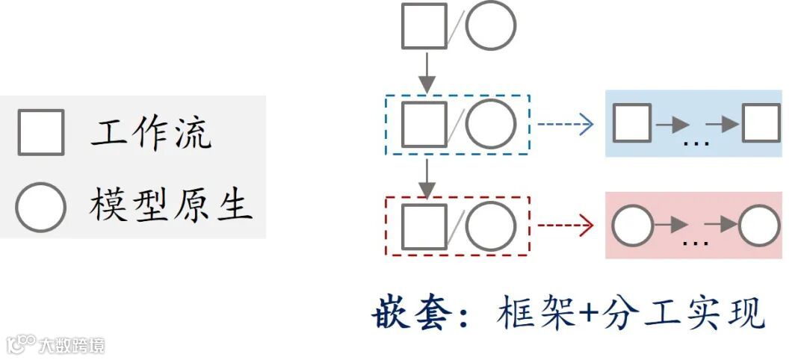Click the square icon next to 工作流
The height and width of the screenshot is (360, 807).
[41, 132]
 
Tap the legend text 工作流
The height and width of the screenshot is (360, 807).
[152, 133]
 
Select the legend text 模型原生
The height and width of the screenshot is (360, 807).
[171, 205]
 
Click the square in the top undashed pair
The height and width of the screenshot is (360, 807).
[424, 25]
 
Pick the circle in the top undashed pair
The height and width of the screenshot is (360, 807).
[491, 25]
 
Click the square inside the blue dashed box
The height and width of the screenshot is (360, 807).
[424, 124]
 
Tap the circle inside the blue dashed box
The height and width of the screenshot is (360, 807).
[491, 124]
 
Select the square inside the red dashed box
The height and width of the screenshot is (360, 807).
[424, 226]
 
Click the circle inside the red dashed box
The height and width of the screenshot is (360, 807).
[491, 226]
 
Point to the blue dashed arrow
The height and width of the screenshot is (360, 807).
[566, 124]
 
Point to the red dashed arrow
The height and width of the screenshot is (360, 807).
[566, 225]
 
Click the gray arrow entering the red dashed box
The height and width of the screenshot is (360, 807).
[426, 178]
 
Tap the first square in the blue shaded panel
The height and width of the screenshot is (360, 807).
[632, 123]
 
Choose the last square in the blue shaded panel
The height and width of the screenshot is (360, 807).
[761, 123]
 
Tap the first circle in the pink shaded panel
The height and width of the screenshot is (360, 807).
[632, 226]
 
